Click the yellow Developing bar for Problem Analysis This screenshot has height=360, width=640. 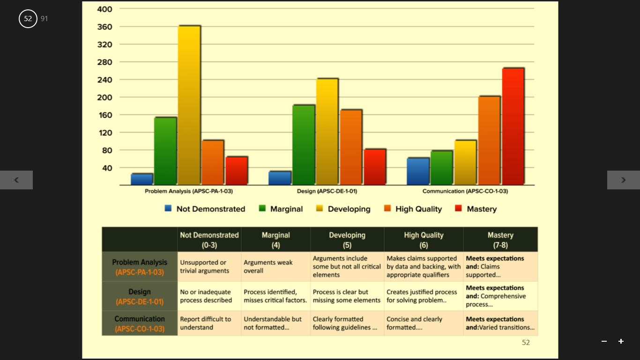pyautogui.click(x=189, y=105)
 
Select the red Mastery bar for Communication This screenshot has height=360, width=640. pyautogui.click(x=513, y=127)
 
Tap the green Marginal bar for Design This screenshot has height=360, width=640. pyautogui.click(x=304, y=145)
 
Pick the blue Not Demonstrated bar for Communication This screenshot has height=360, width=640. pyautogui.click(x=418, y=171)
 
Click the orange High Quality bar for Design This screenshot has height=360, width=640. pyautogui.click(x=351, y=147)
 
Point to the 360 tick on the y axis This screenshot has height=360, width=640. pyautogui.click(x=104, y=27)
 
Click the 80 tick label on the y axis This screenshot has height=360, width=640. pyautogui.click(x=107, y=150)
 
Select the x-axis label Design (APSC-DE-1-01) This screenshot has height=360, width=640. pyautogui.click(x=327, y=191)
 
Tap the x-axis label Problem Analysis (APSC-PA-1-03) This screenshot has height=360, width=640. pyautogui.click(x=188, y=191)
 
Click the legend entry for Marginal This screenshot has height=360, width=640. pyautogui.click(x=281, y=209)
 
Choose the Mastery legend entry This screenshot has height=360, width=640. pyautogui.click(x=476, y=209)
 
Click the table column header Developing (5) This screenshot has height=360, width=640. pyautogui.click(x=347, y=240)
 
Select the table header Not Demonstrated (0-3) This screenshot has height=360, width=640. pyautogui.click(x=209, y=240)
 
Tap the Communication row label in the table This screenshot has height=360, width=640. pyautogui.click(x=140, y=323)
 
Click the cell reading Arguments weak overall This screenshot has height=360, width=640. pyautogui.click(x=268, y=267)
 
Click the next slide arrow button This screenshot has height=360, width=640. pyautogui.click(x=624, y=180)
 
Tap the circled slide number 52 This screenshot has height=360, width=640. pyautogui.click(x=28, y=19)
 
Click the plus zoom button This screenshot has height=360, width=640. pyautogui.click(x=621, y=341)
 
